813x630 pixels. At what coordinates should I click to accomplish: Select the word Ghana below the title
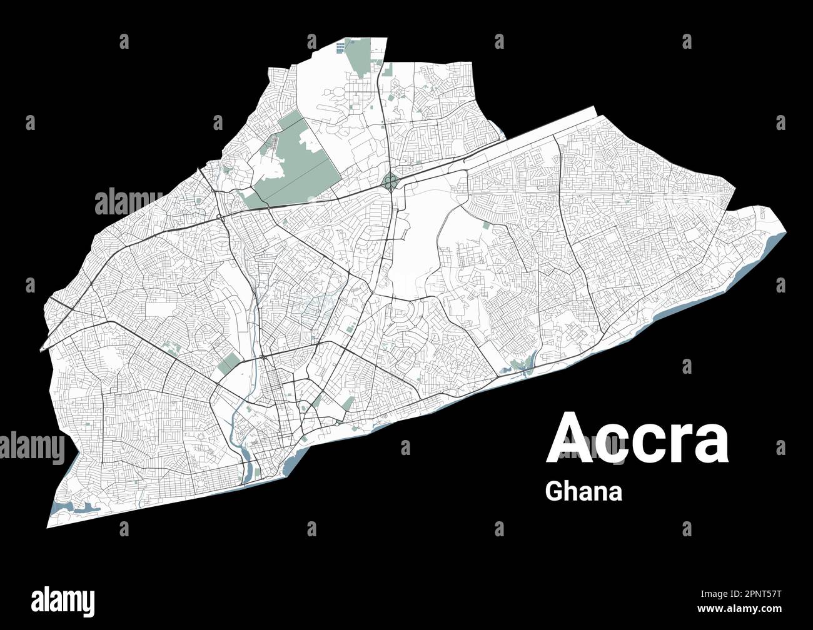pos(583,491)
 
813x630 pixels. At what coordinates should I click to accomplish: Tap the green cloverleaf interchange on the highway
pos(390,181)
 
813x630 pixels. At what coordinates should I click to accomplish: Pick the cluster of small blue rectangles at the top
pos(341,47)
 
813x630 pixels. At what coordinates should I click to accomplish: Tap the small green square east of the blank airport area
pos(486,226)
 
